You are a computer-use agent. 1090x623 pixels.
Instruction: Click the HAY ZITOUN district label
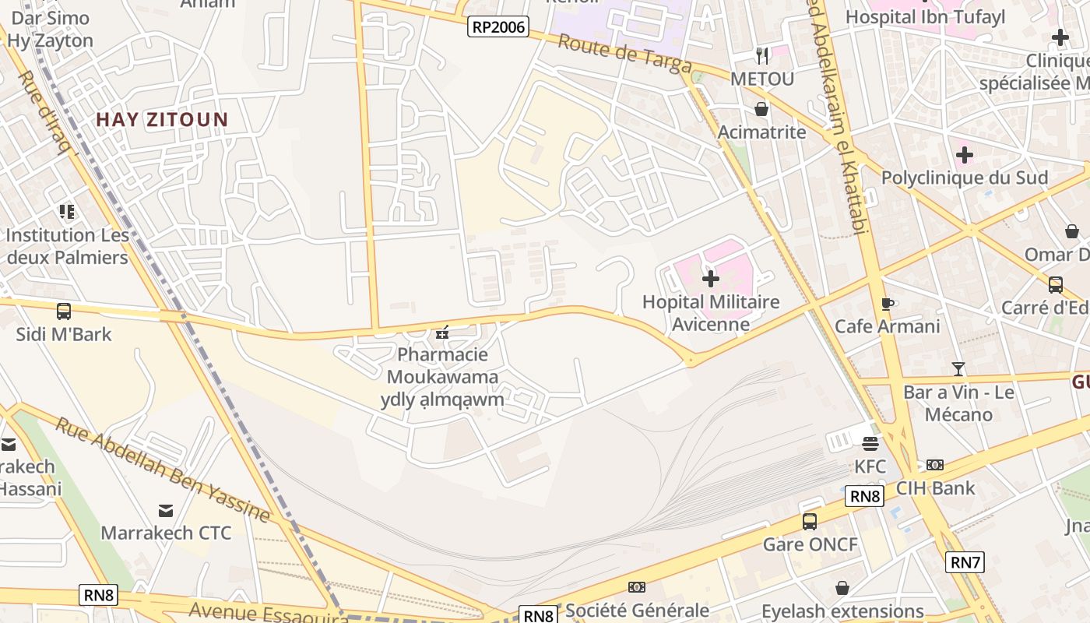[x=162, y=120]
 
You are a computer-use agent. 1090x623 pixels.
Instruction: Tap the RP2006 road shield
[x=498, y=27]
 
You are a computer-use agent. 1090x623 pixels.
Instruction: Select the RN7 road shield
[x=965, y=561]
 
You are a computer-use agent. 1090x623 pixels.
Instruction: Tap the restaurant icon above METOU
[x=762, y=56]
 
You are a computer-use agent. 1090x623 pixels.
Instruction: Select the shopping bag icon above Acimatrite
[x=761, y=109]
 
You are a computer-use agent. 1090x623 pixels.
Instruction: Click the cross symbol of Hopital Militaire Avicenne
[x=711, y=278]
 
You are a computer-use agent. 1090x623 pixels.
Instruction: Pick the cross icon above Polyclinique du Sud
[x=965, y=155]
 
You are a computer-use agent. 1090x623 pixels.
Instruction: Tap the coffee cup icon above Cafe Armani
[x=887, y=304]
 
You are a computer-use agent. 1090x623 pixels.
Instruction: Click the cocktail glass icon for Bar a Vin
[x=958, y=369]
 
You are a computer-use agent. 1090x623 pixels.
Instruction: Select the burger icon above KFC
[x=870, y=444]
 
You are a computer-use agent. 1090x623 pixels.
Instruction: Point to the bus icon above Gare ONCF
[x=810, y=521]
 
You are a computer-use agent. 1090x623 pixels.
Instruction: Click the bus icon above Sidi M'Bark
[x=64, y=311]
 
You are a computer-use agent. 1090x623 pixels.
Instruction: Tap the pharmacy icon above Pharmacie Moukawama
[x=442, y=333]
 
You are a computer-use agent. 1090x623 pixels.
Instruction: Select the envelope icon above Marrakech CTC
[x=166, y=511]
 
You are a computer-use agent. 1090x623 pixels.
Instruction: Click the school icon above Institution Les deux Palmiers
[x=67, y=212]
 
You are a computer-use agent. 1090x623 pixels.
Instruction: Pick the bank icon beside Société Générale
[x=637, y=587]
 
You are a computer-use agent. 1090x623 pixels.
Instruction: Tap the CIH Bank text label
[x=935, y=488]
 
